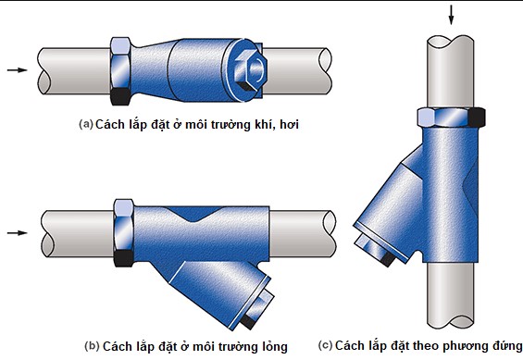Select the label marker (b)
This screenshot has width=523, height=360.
pyautogui.click(x=92, y=346)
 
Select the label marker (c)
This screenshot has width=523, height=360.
pyautogui.click(x=325, y=346)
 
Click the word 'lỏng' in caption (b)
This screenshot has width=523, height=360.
pyautogui.click(x=269, y=346)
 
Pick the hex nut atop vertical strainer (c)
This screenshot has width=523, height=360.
pyautogui.click(x=451, y=118)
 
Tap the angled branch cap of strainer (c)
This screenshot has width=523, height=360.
pyautogui.click(x=379, y=249)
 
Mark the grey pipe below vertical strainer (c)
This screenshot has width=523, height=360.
pyautogui.click(x=451, y=305)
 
